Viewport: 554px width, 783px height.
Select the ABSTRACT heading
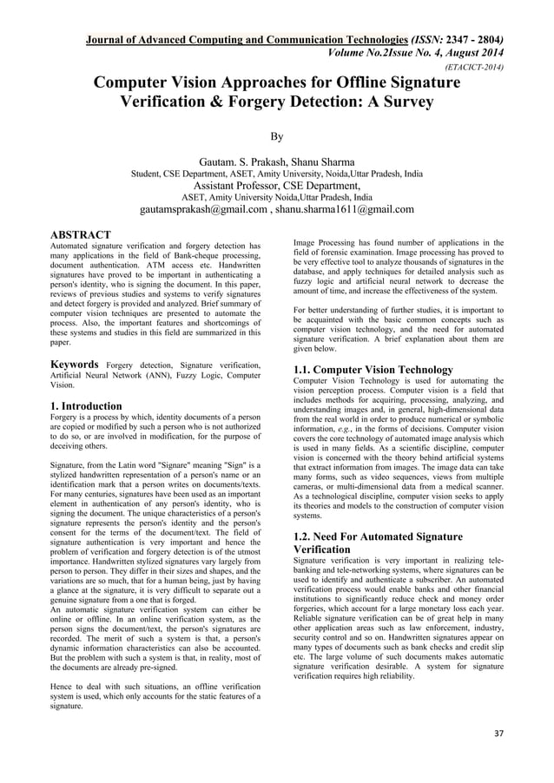80,235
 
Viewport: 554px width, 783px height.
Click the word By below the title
277,136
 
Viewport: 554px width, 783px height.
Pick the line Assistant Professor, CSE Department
277,185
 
